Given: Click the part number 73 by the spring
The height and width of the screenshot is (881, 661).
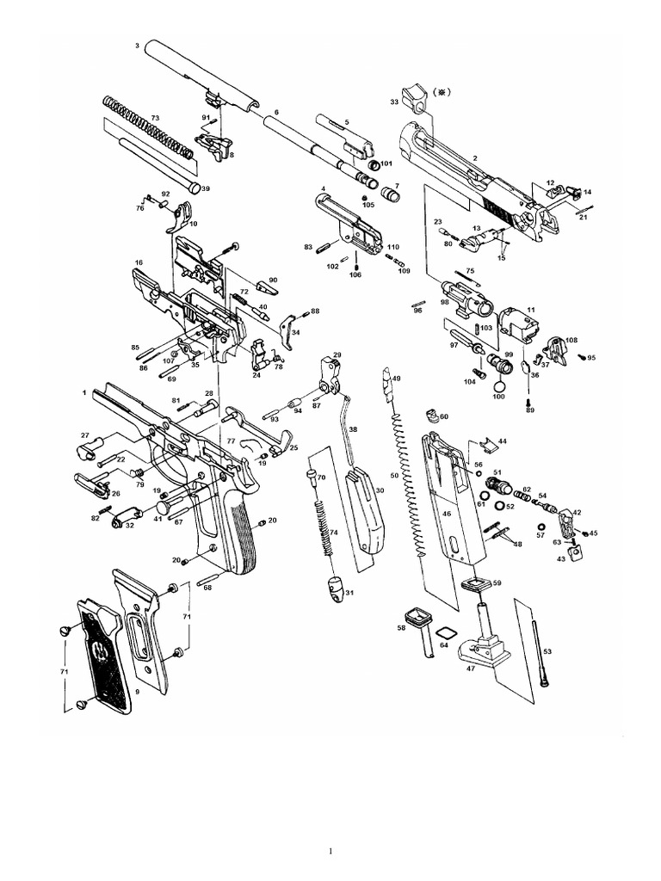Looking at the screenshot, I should (x=155, y=118).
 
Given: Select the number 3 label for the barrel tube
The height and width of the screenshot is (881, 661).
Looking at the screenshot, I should (x=138, y=45).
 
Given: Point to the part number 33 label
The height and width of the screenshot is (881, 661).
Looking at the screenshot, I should (x=393, y=102).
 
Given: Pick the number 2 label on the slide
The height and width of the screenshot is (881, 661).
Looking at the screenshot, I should (x=474, y=158).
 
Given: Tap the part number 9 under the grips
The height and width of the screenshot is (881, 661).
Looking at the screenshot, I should (x=137, y=691).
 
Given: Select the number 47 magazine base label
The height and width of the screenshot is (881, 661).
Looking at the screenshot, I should (x=471, y=668).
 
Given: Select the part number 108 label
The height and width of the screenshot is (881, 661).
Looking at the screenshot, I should (x=571, y=341).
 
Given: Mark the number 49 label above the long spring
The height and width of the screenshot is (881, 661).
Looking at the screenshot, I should (x=397, y=379).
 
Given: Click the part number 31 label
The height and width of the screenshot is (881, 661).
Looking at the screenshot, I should (x=349, y=593).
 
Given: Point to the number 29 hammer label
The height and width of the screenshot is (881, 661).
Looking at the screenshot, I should (x=337, y=354).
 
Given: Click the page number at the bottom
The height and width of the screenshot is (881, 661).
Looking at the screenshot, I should (x=330, y=852).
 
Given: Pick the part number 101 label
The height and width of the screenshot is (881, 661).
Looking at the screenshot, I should (x=386, y=163).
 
